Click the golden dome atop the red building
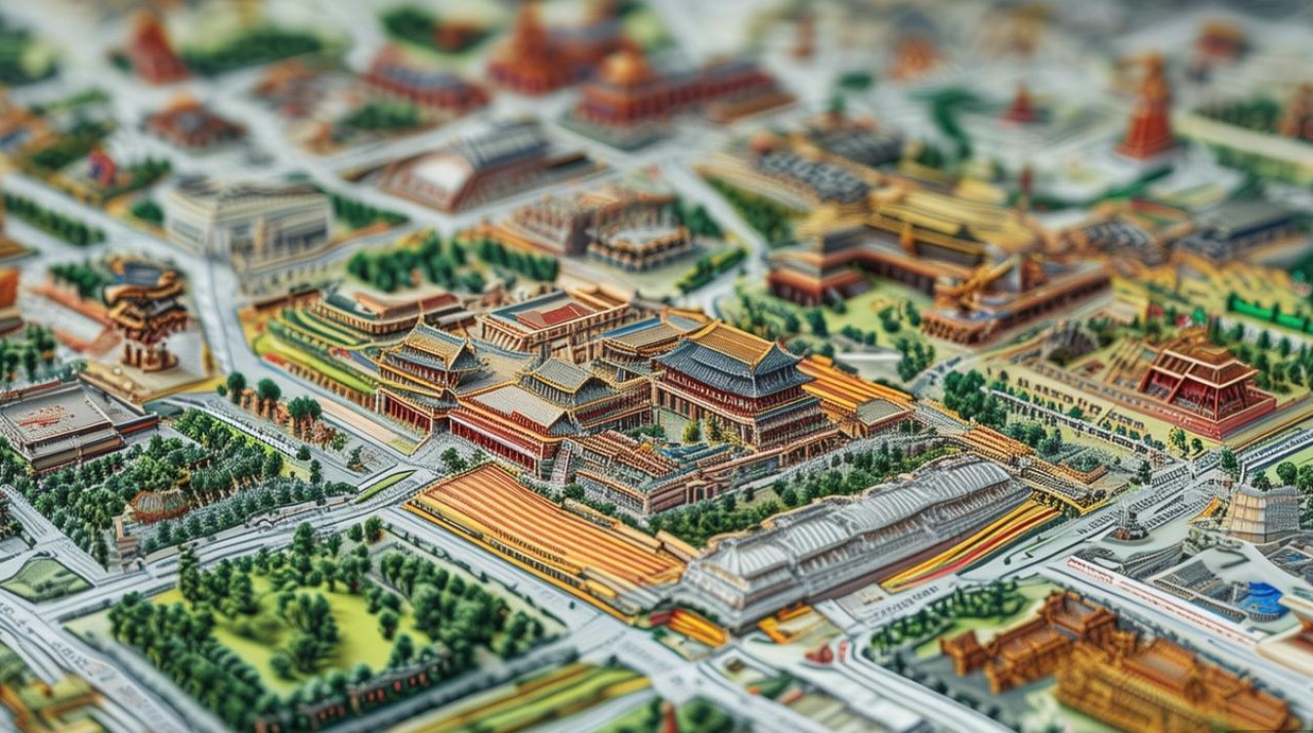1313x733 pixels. click(625, 68)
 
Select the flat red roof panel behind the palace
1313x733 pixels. click(552, 315)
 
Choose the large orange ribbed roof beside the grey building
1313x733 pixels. click(547, 528)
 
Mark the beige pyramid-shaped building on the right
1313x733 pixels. click(1260, 513)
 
